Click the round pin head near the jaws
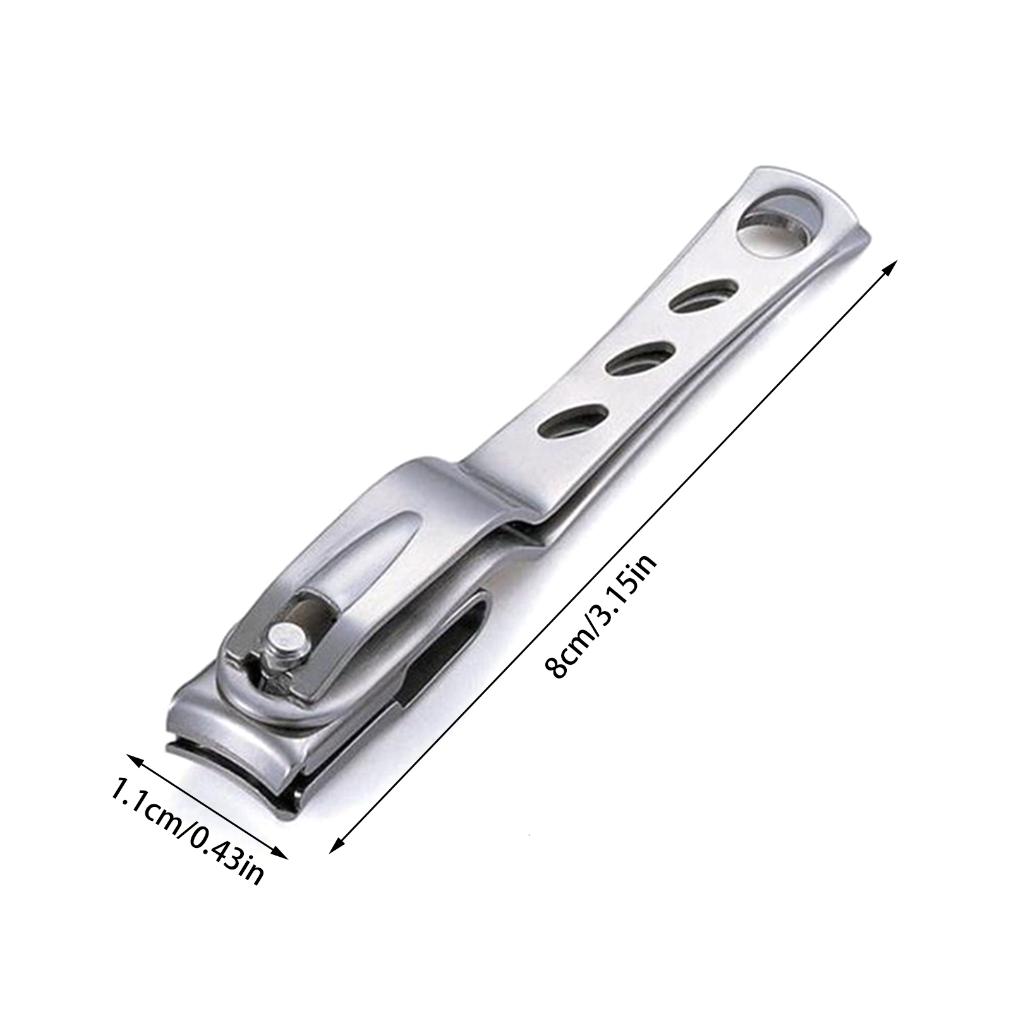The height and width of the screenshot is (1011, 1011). point(286,642)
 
